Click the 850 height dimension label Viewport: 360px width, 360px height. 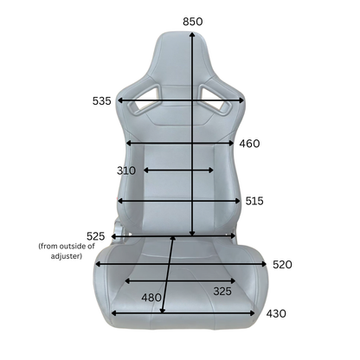pos(193,22)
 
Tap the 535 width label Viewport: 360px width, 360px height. pos(101,101)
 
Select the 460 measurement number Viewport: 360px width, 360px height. pos(249,144)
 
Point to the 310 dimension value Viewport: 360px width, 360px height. pos(126,170)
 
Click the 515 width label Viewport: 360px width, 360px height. pos(254,201)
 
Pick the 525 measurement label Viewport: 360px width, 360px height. pos(95,236)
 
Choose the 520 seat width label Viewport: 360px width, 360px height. pos(282,265)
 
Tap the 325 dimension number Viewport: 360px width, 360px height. pos(222,292)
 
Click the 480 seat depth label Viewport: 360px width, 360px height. pos(151,298)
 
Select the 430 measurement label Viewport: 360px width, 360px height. pos(276,313)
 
